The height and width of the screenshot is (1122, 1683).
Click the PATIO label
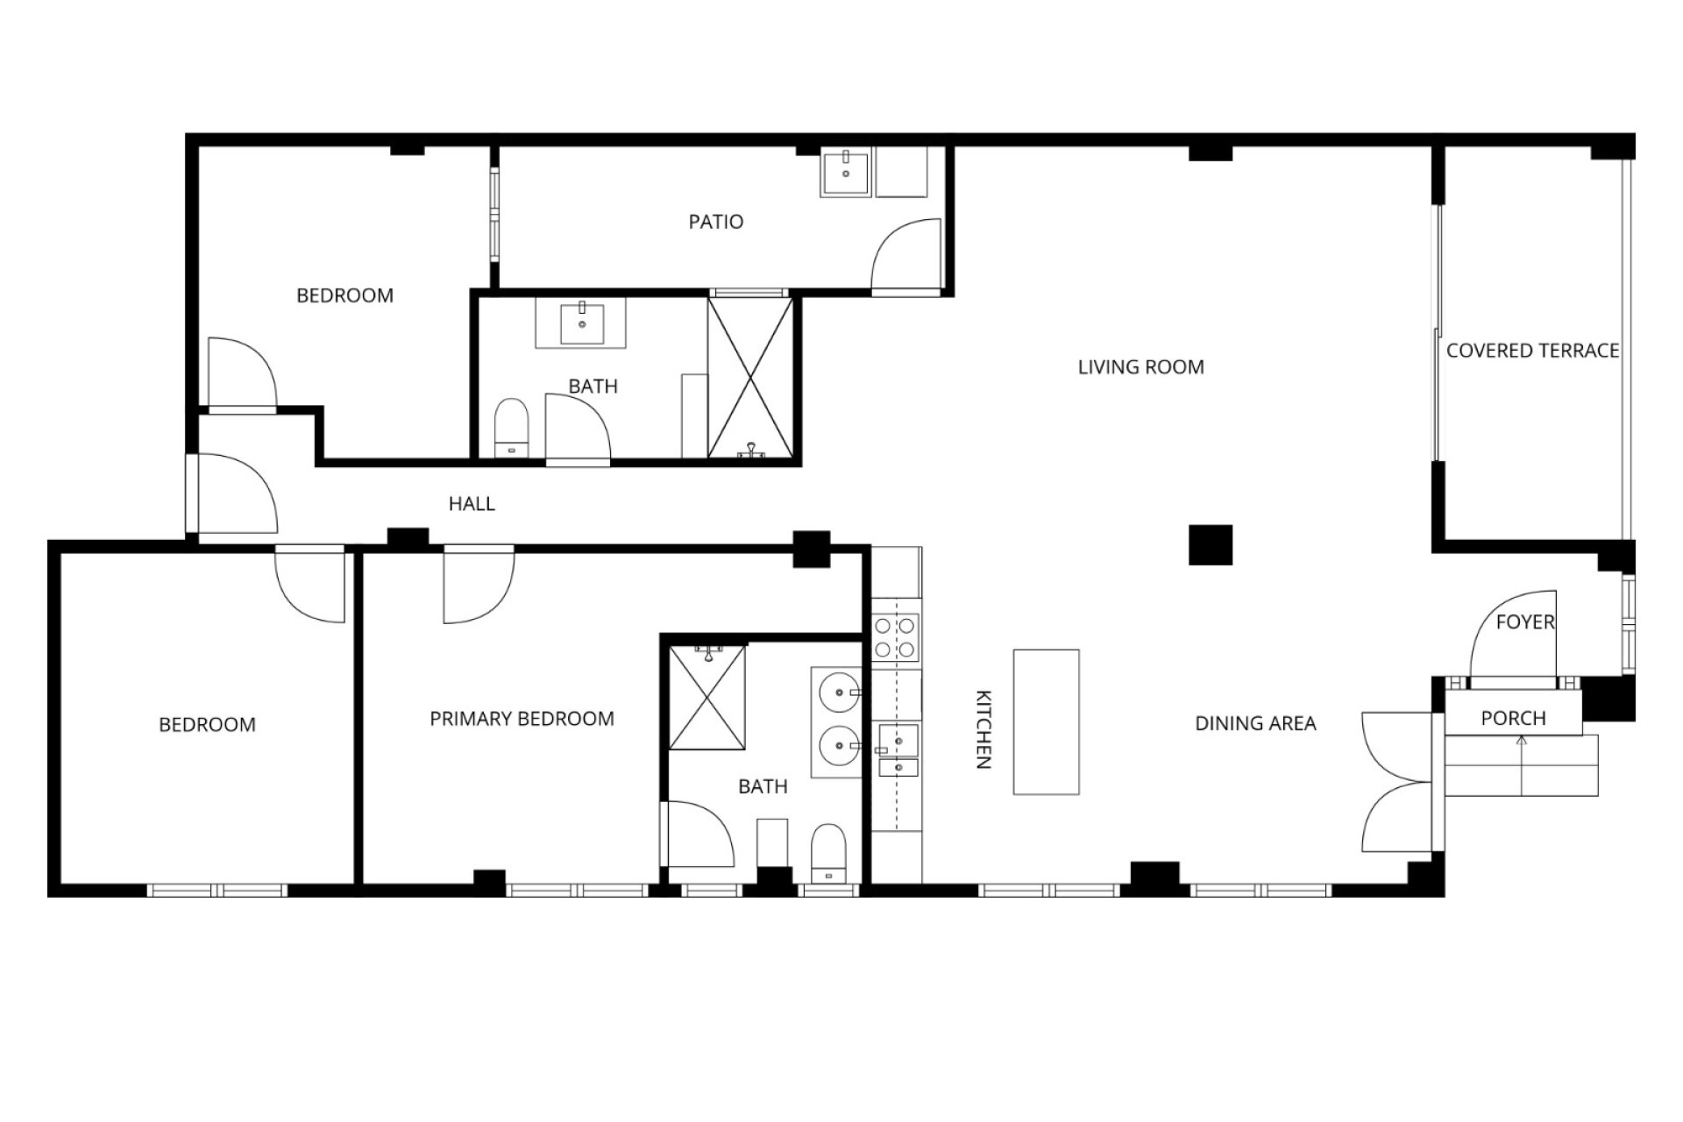pyautogui.click(x=715, y=222)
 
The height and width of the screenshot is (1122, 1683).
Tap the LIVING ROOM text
pyautogui.click(x=1140, y=367)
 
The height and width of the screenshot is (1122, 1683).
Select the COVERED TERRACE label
pyautogui.click(x=1532, y=351)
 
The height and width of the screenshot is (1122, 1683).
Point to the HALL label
pyautogui.click(x=472, y=504)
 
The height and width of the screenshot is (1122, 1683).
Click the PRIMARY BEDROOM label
pyautogui.click(x=522, y=719)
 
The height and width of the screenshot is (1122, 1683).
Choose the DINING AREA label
pyautogui.click(x=1255, y=723)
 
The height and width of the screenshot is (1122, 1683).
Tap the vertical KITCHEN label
pyautogui.click(x=984, y=729)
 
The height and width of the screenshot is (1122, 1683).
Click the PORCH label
pyautogui.click(x=1513, y=718)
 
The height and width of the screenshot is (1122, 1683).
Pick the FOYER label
pyautogui.click(x=1525, y=621)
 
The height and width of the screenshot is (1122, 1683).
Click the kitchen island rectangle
pyautogui.click(x=1046, y=722)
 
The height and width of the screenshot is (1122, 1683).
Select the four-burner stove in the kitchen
pyautogui.click(x=895, y=637)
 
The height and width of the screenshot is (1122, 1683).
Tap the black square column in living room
pyautogui.click(x=1211, y=544)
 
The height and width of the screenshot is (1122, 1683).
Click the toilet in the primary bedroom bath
pyautogui.click(x=827, y=853)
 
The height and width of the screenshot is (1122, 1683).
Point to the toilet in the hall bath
pyautogui.click(x=512, y=429)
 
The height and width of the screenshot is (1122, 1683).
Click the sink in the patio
pyautogui.click(x=845, y=173)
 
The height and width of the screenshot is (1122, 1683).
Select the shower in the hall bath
pyautogui.click(x=750, y=378)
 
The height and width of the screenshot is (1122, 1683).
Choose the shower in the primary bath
pyautogui.click(x=707, y=698)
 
